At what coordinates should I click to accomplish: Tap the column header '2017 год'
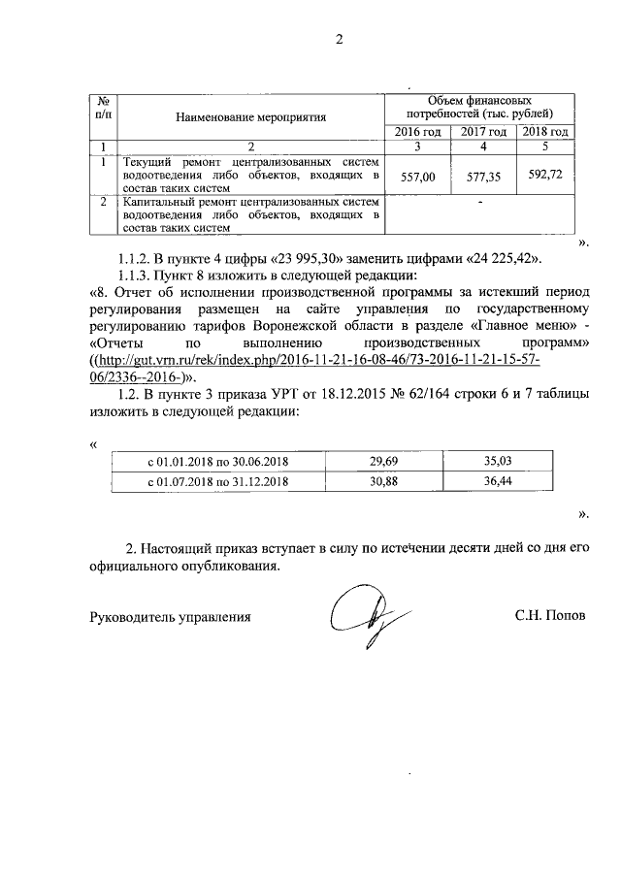[483, 132]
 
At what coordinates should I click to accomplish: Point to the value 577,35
[483, 178]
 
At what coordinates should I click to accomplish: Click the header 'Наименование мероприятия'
[250, 116]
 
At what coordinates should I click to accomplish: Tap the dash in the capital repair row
[480, 202]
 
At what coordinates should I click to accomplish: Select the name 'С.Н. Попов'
[550, 616]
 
